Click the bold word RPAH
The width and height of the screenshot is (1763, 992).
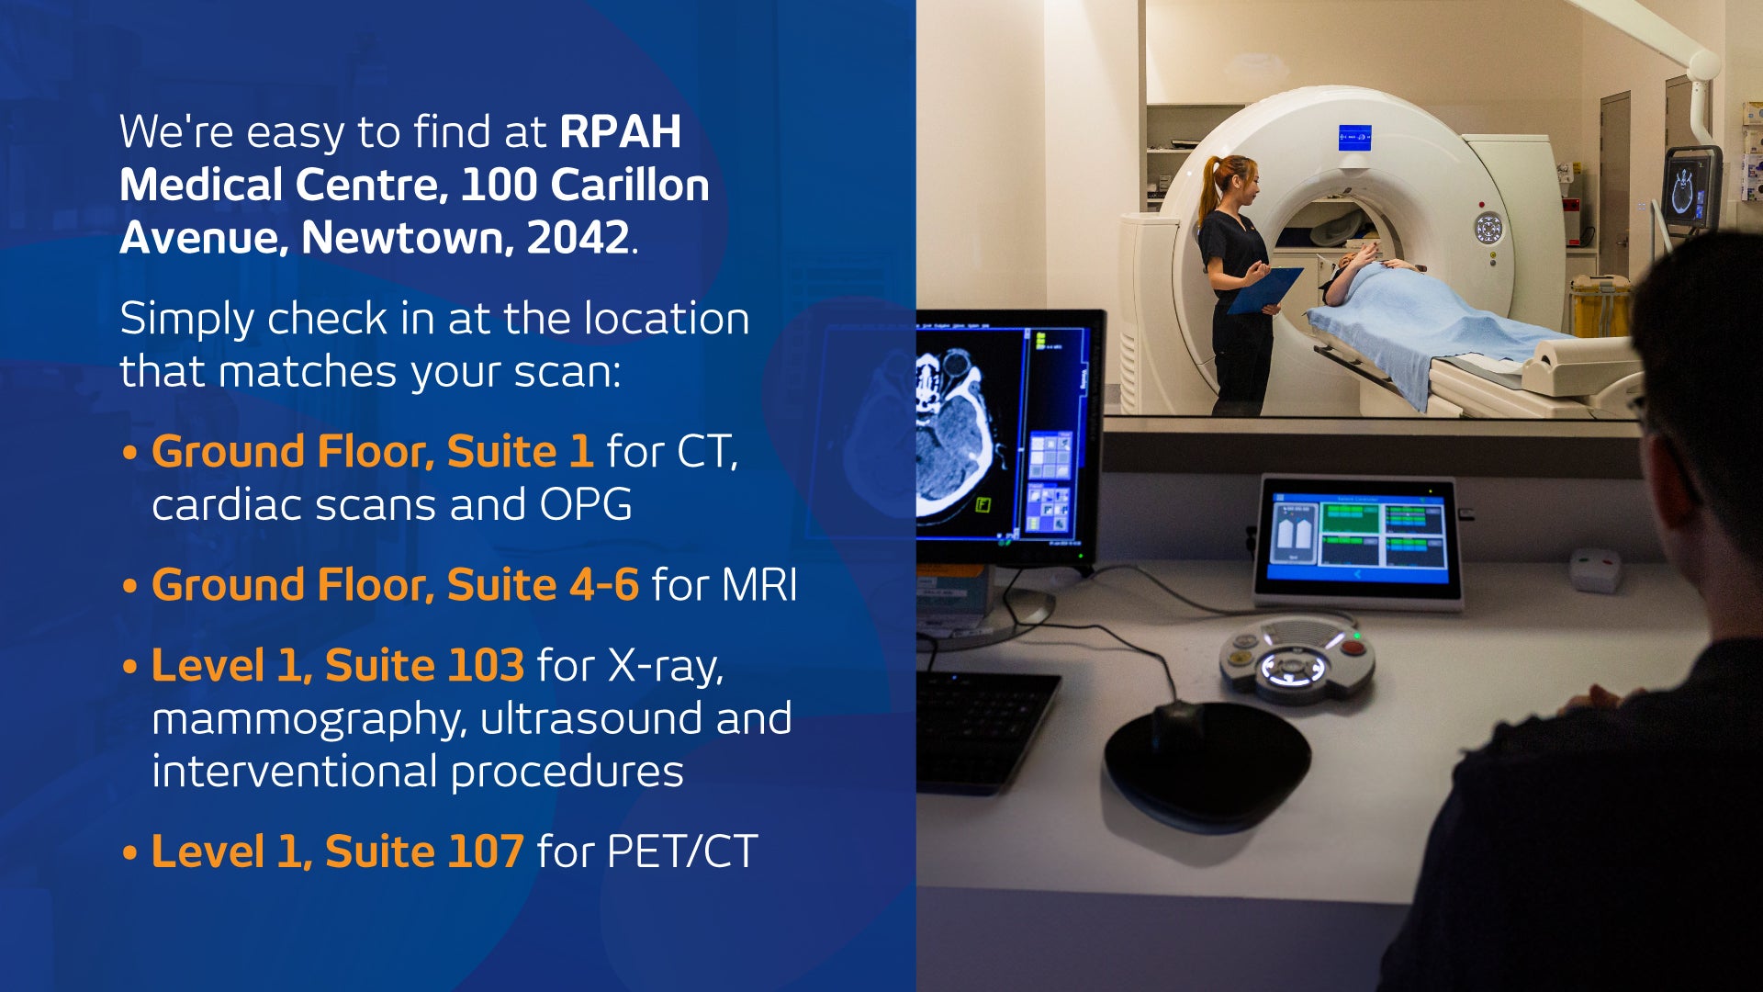pyautogui.click(x=621, y=131)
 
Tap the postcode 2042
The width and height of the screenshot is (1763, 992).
pyautogui.click(x=578, y=238)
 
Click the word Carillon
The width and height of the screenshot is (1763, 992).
pyautogui.click(x=630, y=185)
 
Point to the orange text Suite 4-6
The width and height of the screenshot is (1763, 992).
pyautogui.click(x=543, y=584)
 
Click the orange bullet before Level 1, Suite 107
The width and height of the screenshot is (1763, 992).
pyautogui.click(x=129, y=853)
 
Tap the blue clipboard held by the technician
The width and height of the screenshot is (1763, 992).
pyautogui.click(x=1264, y=289)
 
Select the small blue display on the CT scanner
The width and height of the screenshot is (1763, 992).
pyautogui.click(x=1354, y=138)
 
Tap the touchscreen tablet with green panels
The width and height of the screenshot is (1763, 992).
pyautogui.click(x=1357, y=540)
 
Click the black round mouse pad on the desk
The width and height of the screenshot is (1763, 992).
pyautogui.click(x=1207, y=762)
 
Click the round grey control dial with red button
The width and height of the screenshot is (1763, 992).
pyautogui.click(x=1297, y=659)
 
